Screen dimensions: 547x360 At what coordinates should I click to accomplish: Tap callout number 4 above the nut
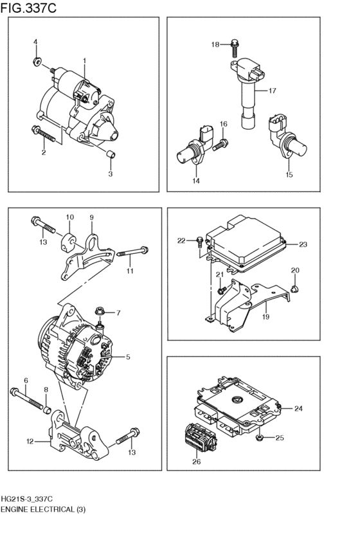click(36, 42)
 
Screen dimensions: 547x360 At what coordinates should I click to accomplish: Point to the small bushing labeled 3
click(110, 154)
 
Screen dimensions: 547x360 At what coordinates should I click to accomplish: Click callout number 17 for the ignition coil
click(272, 91)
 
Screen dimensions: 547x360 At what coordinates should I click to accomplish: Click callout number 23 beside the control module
click(303, 244)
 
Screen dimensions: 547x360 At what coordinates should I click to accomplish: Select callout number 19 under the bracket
click(265, 316)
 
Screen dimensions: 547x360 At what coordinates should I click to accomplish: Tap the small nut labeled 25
click(258, 438)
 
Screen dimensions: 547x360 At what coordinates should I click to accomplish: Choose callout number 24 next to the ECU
click(298, 408)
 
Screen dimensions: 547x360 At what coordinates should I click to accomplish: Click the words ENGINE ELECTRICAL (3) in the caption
click(42, 509)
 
